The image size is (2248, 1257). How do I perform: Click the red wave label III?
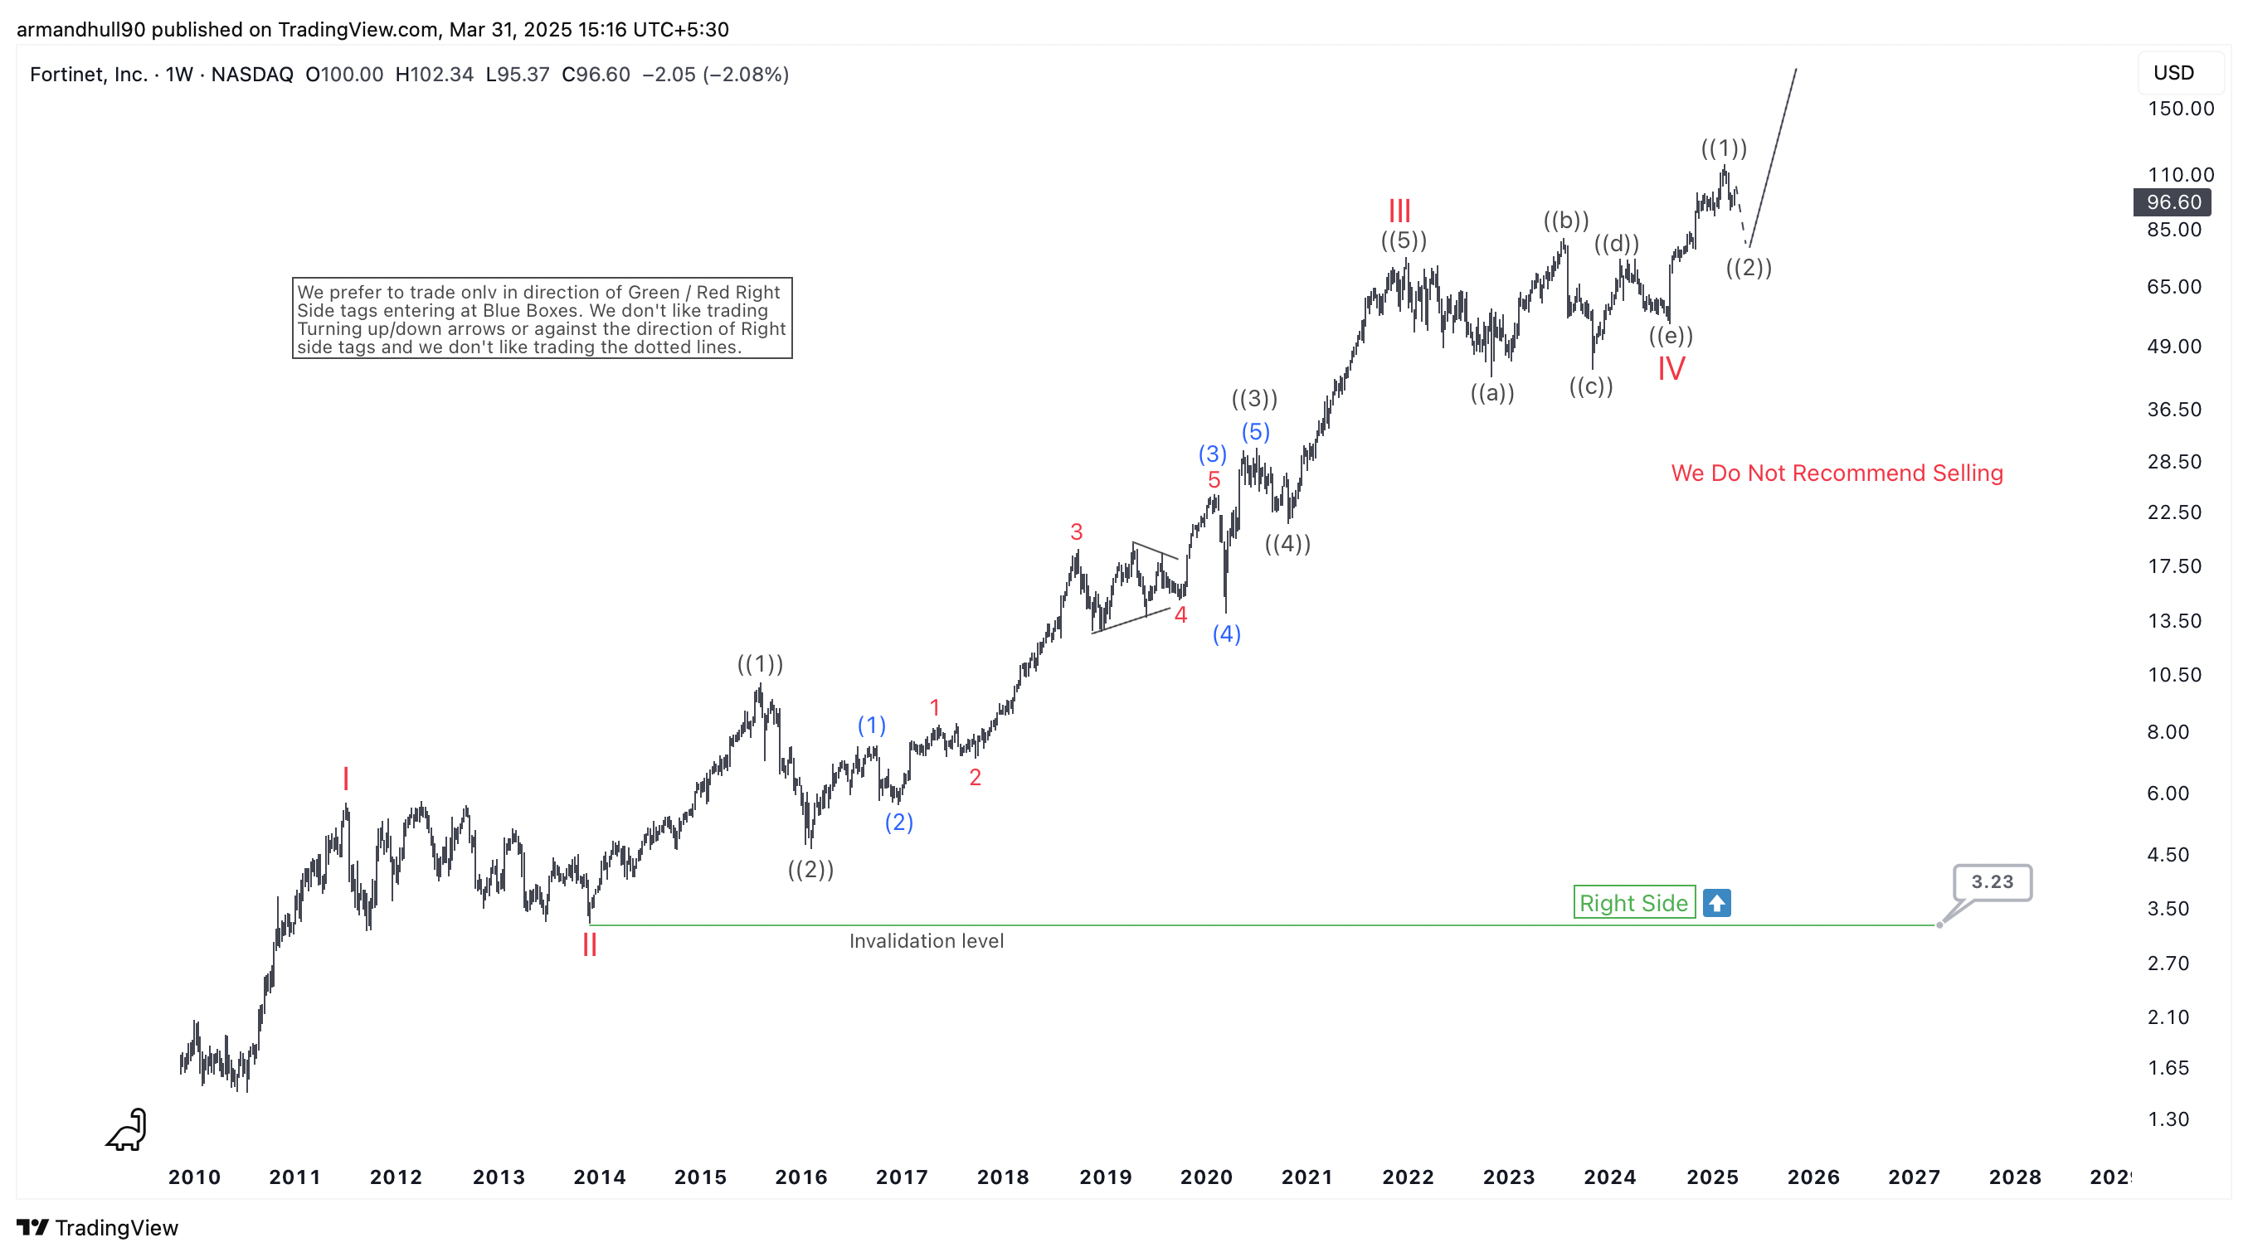1399,211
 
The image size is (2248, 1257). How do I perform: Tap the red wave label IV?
1671,369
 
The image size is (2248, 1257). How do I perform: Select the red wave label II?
590,944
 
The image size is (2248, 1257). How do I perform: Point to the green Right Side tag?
1633,903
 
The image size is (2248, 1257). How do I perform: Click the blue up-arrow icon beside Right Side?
1716,903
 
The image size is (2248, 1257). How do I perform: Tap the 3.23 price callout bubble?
1992,882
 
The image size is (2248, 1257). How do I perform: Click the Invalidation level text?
926,941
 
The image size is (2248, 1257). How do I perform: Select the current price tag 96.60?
2173,202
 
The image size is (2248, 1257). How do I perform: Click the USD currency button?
2173,72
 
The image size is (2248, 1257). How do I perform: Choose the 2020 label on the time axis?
1206,1177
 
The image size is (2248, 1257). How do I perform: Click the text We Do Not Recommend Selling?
1836,473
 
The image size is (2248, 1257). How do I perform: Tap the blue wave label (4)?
1226,634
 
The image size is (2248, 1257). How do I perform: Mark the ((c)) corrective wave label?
1590,386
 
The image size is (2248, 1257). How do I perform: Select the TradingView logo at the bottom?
97,1228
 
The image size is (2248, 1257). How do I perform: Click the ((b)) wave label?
1565,221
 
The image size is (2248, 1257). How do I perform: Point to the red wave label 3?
1076,532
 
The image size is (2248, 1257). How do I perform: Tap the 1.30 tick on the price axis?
2168,1119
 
